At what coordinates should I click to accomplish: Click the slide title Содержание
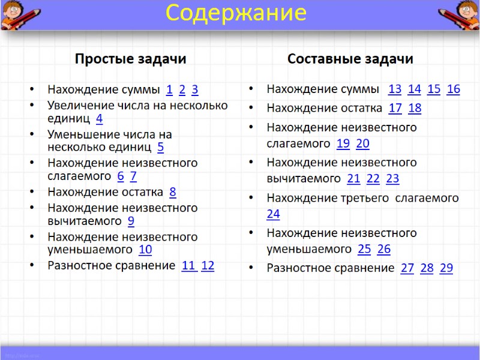click(236, 13)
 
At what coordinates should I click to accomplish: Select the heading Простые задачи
click(130, 59)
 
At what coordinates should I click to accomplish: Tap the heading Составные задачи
click(350, 59)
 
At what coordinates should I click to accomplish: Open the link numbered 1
click(169, 90)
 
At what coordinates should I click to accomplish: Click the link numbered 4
click(99, 118)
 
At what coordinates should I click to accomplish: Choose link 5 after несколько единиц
click(160, 147)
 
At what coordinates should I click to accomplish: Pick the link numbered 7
click(133, 176)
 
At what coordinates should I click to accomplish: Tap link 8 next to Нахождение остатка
click(173, 192)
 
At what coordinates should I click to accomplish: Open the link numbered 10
click(145, 250)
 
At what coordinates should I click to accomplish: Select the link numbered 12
click(208, 266)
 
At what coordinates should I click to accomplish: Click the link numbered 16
click(453, 89)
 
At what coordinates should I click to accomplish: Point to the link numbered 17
click(395, 109)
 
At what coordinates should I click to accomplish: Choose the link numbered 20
click(362, 143)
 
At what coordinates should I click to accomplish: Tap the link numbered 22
click(373, 178)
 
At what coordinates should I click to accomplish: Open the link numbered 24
click(273, 214)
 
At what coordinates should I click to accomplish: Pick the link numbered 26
click(384, 249)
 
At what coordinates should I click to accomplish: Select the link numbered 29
click(446, 268)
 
